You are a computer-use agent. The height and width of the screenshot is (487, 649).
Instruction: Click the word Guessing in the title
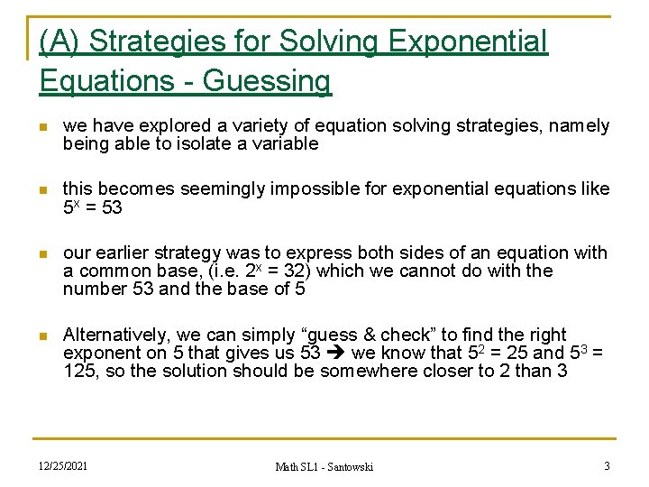coord(268,81)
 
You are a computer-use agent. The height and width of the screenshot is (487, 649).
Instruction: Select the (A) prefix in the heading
coord(60,41)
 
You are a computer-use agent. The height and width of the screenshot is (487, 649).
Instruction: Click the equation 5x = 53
coord(92,207)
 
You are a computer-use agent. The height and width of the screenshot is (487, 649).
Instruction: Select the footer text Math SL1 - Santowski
coord(324,466)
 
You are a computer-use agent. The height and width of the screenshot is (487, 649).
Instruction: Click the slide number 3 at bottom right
coord(607,465)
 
